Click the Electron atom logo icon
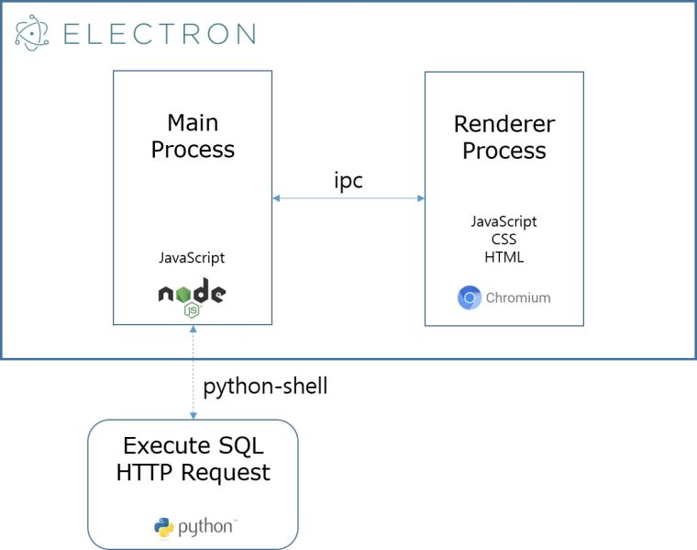pyautogui.click(x=32, y=33)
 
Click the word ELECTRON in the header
pyautogui.click(x=159, y=34)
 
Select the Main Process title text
pyautogui.click(x=193, y=136)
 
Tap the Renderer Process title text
pyautogui.click(x=503, y=137)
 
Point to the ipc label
pyautogui.click(x=348, y=181)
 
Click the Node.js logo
pyautogui.click(x=192, y=297)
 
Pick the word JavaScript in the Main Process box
pyautogui.click(x=192, y=258)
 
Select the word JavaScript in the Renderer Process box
pyautogui.click(x=503, y=221)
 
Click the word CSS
pyautogui.click(x=503, y=240)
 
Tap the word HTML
pyautogui.click(x=503, y=257)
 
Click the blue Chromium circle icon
pyautogui.click(x=470, y=297)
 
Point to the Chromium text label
pyautogui.click(x=518, y=297)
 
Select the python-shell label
pyautogui.click(x=265, y=387)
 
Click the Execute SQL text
pyautogui.click(x=193, y=446)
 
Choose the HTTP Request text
pyautogui.click(x=193, y=473)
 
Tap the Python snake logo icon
pyautogui.click(x=164, y=527)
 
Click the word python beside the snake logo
pyautogui.click(x=205, y=527)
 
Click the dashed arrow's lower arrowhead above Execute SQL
pyautogui.click(x=193, y=415)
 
